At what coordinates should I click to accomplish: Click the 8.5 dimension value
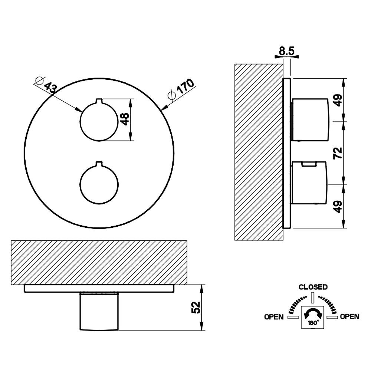pyautogui.click(x=286, y=51)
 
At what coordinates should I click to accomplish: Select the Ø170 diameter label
pyautogui.click(x=181, y=89)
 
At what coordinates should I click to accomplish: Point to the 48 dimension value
pyautogui.click(x=125, y=119)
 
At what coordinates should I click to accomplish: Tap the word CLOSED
pyautogui.click(x=313, y=287)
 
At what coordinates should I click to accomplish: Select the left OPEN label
pyautogui.click(x=274, y=317)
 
